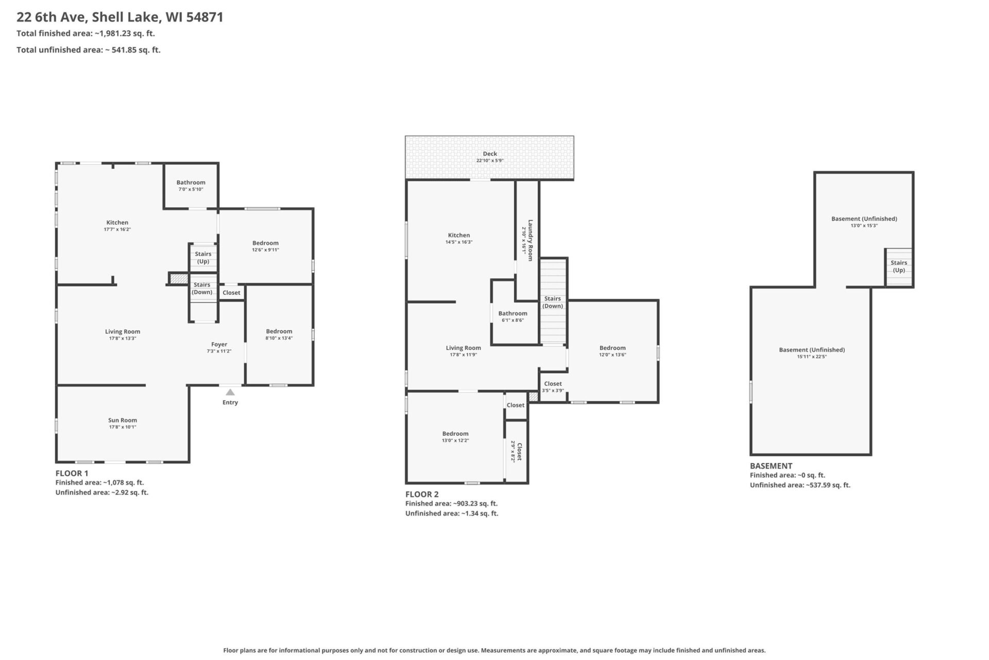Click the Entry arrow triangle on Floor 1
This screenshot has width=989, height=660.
[230, 392]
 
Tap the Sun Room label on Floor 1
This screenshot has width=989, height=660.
[123, 420]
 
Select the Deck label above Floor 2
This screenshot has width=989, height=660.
[490, 154]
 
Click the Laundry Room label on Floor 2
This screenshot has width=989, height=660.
[530, 240]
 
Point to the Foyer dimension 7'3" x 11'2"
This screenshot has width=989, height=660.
[219, 351]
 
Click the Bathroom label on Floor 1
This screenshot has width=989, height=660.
[191, 183]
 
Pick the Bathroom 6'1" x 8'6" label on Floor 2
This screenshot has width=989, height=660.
[513, 313]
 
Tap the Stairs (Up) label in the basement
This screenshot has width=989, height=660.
[899, 266]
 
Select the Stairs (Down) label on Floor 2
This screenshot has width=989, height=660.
[552, 302]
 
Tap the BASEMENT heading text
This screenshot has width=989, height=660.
[771, 466]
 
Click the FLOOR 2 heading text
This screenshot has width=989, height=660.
[422, 494]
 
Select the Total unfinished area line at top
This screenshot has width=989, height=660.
[89, 50]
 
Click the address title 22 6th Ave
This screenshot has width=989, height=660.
[120, 17]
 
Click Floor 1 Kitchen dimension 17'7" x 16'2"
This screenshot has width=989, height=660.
[117, 229]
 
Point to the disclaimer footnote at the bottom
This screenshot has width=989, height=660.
[494, 650]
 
